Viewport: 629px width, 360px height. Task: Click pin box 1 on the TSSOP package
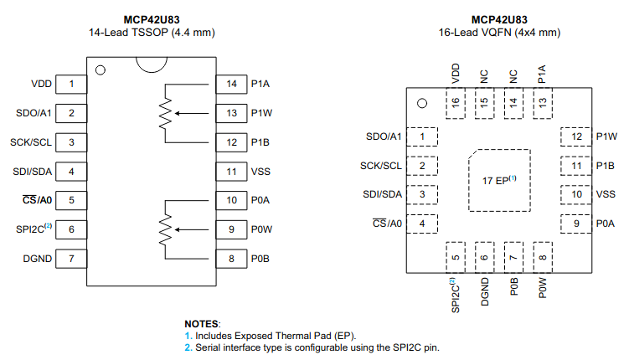[x=72, y=84]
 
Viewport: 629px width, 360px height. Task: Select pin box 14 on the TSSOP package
[x=231, y=84]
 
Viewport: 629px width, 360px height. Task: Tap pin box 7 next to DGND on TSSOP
[x=72, y=259]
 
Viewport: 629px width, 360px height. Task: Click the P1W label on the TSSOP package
[x=260, y=113]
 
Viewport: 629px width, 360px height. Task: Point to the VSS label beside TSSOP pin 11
[x=260, y=172]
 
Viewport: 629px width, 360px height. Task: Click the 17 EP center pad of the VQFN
[x=499, y=180]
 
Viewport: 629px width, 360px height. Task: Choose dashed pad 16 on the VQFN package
[x=456, y=104]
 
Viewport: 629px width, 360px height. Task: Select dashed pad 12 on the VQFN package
[x=576, y=136]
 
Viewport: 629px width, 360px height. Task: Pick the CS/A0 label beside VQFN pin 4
[x=387, y=224]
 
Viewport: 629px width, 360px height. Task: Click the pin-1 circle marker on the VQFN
[x=423, y=104]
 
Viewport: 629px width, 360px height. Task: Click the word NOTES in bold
[x=202, y=323]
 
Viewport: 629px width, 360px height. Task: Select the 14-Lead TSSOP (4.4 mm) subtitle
[x=152, y=33]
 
